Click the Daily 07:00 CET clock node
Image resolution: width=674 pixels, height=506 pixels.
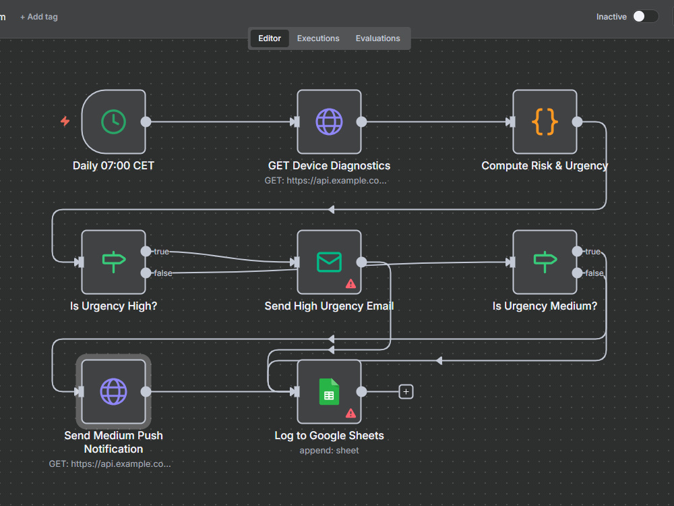[113, 121]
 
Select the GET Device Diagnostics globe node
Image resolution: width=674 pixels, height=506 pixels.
[330, 121]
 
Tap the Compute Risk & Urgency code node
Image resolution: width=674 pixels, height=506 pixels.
[545, 121]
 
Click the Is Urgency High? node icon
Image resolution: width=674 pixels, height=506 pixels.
[113, 262]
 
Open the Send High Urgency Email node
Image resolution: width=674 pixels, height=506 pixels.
[330, 262]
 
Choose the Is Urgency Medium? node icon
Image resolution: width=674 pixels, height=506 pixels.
[545, 262]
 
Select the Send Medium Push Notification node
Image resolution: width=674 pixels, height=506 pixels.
[113, 391]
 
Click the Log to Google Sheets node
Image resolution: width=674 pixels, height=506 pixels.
[330, 391]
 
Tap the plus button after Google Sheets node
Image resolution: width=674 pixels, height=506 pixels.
[406, 391]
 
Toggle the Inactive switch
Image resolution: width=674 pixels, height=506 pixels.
[645, 16]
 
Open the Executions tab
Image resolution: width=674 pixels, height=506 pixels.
[318, 38]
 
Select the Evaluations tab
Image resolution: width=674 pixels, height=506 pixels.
[378, 38]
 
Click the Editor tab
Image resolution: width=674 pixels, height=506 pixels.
[270, 38]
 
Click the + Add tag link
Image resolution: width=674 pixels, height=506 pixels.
[38, 17]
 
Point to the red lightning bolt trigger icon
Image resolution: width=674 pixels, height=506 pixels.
[65, 121]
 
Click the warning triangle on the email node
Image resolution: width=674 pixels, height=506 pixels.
[350, 283]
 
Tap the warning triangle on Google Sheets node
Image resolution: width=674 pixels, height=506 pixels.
[350, 413]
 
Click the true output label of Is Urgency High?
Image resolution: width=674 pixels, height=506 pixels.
[162, 252]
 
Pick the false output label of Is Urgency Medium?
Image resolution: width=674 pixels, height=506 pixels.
[594, 273]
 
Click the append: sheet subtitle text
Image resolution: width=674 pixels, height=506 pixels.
[330, 451]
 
